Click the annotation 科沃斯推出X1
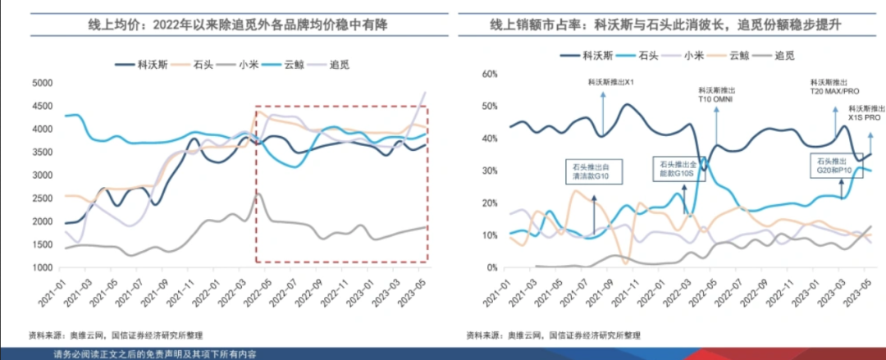[611, 82]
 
